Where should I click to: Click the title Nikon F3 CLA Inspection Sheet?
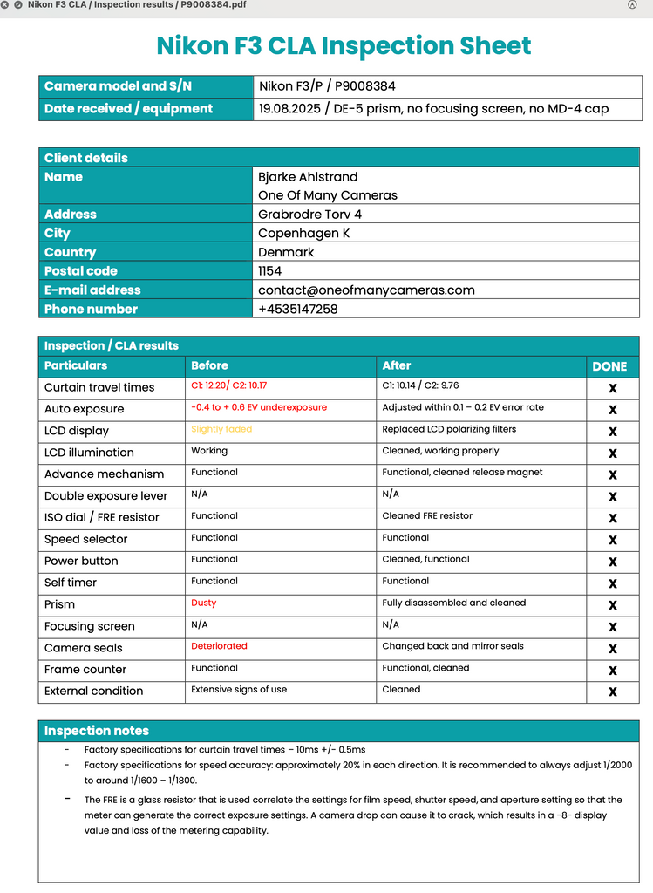point(344,45)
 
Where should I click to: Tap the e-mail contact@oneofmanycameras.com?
point(366,290)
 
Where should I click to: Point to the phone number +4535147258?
point(297,309)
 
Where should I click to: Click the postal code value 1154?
point(270,270)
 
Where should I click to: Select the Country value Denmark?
point(286,252)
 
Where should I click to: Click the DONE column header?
point(609,366)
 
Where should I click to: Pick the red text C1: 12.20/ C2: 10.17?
point(229,385)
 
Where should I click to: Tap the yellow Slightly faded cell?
point(221,429)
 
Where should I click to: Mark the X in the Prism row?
point(612,604)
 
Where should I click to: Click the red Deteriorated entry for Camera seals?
point(219,646)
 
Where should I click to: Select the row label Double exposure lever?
point(105,495)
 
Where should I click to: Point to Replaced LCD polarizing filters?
point(449,429)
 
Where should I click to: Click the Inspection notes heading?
point(97,731)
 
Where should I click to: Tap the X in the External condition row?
point(612,692)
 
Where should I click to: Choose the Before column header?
point(209,365)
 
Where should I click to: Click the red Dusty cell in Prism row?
point(203,603)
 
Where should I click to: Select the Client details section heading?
point(85,158)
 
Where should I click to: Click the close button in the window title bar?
point(6,4)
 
